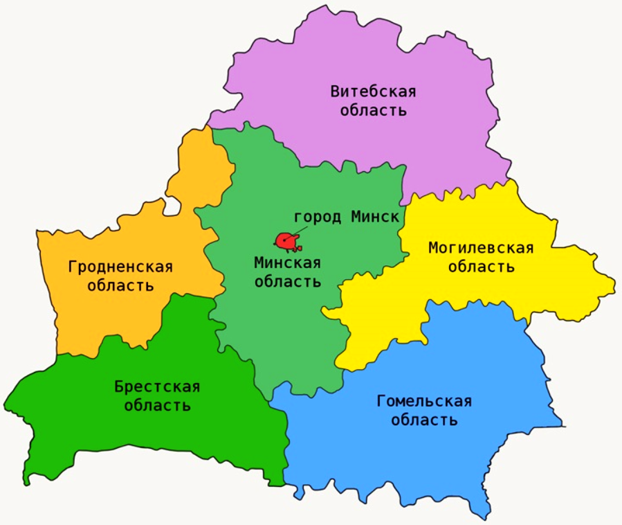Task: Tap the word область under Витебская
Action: [x=373, y=110]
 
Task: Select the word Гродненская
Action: [x=120, y=267]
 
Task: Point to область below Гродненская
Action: [x=120, y=285]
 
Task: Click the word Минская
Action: [x=287, y=262]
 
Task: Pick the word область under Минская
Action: [x=287, y=281]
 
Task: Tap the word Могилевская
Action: [x=481, y=248]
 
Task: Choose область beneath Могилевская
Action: [x=481, y=267]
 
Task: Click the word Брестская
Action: [x=157, y=386]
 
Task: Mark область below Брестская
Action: [x=157, y=405]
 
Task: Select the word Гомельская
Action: [x=424, y=402]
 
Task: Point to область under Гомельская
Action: [x=424, y=420]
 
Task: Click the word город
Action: [x=318, y=217]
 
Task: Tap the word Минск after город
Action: [x=375, y=217]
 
